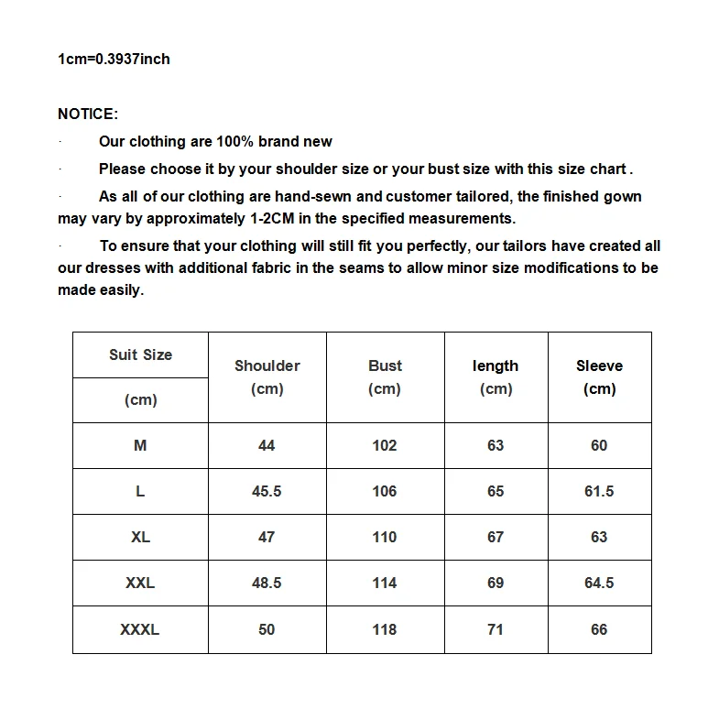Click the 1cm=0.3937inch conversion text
click(114, 60)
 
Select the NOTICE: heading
click(88, 115)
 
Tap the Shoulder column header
click(267, 366)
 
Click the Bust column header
click(385, 366)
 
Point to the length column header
click(496, 366)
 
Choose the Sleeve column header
click(599, 366)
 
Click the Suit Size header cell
click(140, 355)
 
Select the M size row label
click(140, 446)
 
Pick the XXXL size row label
click(140, 630)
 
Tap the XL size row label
click(140, 538)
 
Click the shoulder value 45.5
click(267, 492)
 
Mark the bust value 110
click(385, 538)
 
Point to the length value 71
click(496, 630)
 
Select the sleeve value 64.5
click(599, 584)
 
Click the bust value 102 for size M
click(385, 446)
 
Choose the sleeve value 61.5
click(599, 492)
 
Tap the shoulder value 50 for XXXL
click(267, 630)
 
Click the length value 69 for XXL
click(496, 584)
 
